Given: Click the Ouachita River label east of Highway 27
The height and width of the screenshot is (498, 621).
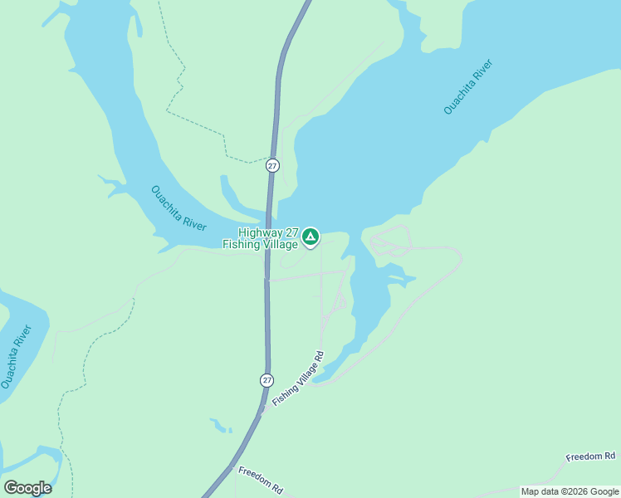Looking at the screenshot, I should coord(468,86).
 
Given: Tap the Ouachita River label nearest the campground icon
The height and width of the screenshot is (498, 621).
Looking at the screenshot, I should coord(178,208).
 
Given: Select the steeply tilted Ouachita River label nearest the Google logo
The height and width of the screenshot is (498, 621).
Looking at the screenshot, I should coord(16,358).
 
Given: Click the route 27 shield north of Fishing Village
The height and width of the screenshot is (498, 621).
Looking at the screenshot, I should coord(272,165).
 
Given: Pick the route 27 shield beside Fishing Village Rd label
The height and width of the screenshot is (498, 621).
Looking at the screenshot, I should coord(266,379).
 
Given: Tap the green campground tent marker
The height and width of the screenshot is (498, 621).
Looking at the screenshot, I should coord(310,237).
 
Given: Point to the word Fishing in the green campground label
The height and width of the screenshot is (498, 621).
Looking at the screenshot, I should coord(240,245).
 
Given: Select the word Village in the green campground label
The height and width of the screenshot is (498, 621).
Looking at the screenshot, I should coord(280,245).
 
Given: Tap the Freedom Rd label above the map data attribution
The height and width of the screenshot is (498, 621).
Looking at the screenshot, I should coord(590,456).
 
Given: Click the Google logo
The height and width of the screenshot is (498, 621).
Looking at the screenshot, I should coord(28,488).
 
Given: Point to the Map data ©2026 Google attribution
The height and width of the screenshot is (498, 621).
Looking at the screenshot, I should coord(570,492).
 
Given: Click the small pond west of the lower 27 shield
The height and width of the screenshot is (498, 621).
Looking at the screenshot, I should coord(220,426).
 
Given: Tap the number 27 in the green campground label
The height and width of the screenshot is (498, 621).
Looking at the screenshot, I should coord(291,233).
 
